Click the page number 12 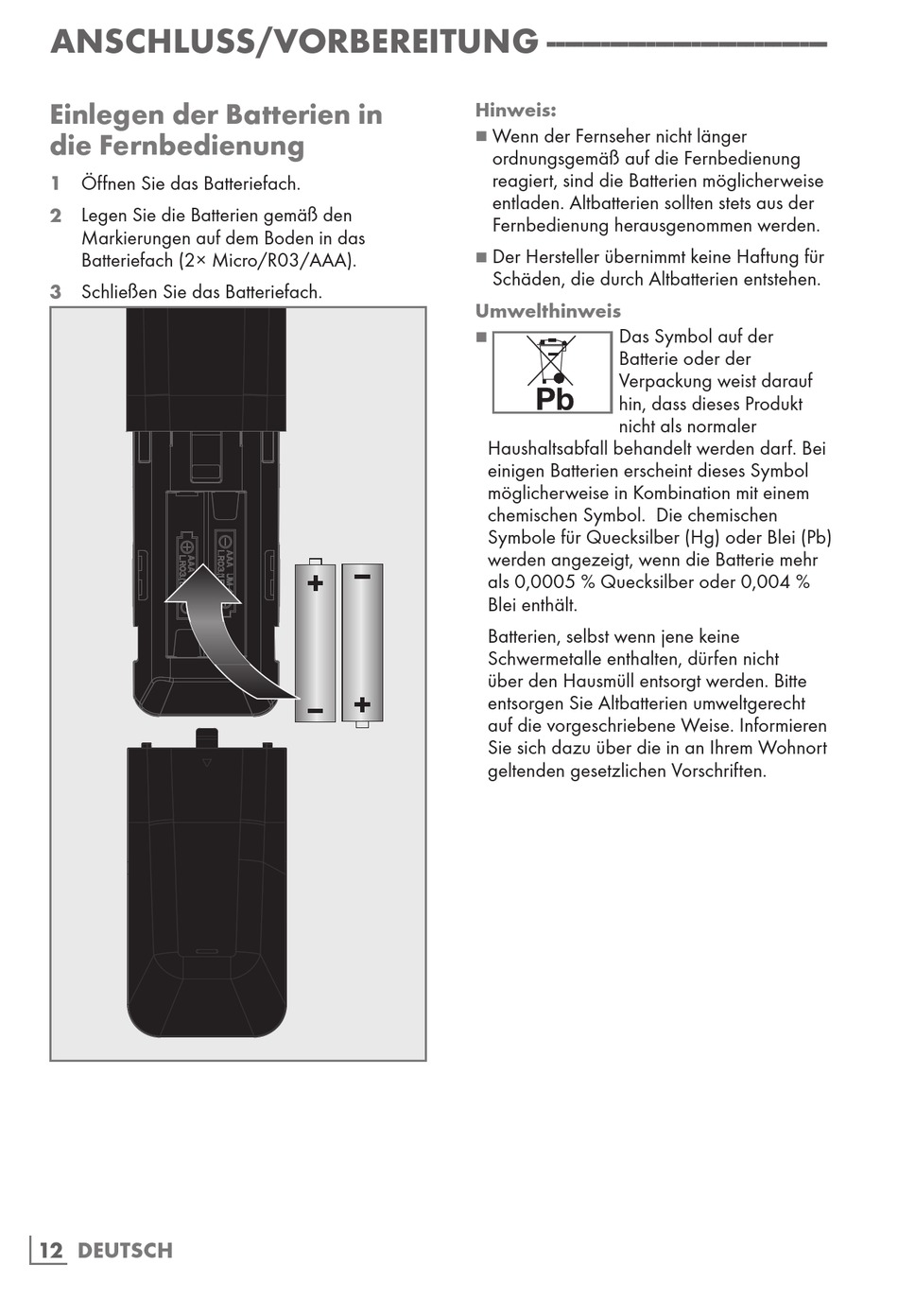[51, 1251]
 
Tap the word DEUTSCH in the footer [125, 1251]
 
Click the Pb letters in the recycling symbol [555, 399]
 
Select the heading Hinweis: [515, 111]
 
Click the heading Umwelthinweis [547, 311]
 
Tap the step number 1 [56, 183]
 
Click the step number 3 [56, 292]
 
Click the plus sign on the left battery [316, 582]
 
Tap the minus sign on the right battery [362, 576]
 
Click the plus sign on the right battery [362, 704]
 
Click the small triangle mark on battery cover [207, 762]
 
